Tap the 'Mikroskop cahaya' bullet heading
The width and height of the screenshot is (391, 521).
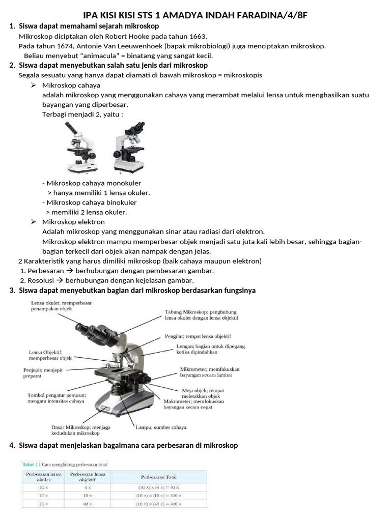pyautogui.click(x=71, y=85)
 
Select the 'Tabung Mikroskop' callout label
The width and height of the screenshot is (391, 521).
pyautogui.click(x=201, y=314)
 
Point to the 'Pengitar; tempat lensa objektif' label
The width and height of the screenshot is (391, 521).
pyautogui.click(x=198, y=336)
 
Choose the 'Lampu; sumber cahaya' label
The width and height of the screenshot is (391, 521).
pyautogui.click(x=161, y=427)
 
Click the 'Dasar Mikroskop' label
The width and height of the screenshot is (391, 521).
pyautogui.click(x=81, y=430)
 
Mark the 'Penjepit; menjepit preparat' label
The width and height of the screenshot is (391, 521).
pyautogui.click(x=43, y=373)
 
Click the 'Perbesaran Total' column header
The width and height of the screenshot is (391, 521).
pyautogui.click(x=158, y=477)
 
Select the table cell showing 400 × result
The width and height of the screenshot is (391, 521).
pyautogui.click(x=158, y=504)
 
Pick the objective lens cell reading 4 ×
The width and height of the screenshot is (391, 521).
pyautogui.click(x=88, y=487)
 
